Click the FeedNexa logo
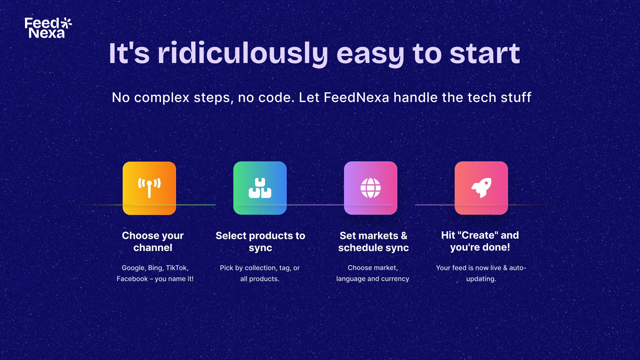48,28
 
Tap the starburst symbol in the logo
66,23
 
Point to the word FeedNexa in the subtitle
356,97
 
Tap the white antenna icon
149,188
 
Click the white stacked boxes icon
260,188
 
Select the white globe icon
371,188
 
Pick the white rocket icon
481,188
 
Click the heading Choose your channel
153,241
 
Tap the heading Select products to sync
260,241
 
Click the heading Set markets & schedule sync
373,241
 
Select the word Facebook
132,279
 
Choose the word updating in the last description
481,279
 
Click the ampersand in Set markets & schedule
404,236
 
